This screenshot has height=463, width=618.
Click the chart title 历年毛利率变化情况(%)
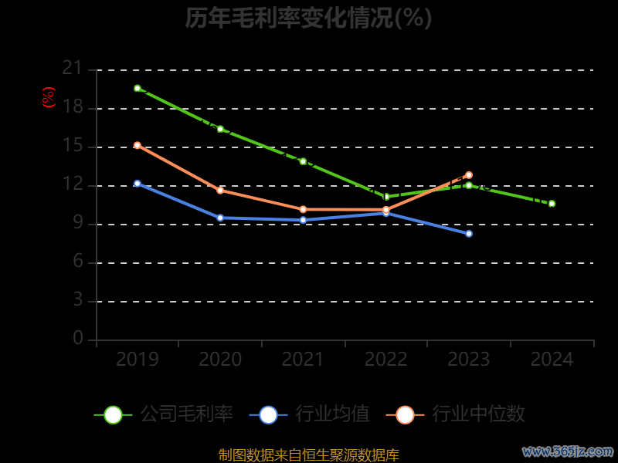(x=308, y=18)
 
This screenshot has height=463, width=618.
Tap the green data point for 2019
(x=138, y=88)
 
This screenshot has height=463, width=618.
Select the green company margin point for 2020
(x=220, y=129)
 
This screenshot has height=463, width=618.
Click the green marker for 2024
(x=552, y=204)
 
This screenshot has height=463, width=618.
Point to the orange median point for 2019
(x=138, y=145)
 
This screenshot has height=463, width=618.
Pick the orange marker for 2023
(x=469, y=175)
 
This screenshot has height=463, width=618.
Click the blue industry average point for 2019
(x=138, y=184)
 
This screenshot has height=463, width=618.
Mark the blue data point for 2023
(x=469, y=233)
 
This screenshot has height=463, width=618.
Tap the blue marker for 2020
(x=220, y=218)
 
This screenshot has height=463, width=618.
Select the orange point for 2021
(x=303, y=209)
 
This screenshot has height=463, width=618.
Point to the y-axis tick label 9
(x=77, y=224)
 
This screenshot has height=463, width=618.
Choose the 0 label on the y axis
(x=77, y=338)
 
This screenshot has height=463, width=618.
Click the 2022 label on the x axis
(x=386, y=360)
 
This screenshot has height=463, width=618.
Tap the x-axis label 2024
(x=552, y=360)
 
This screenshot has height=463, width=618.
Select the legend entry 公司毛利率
(x=185, y=414)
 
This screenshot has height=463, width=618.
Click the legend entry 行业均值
(x=332, y=414)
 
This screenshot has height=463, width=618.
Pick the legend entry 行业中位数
(x=478, y=414)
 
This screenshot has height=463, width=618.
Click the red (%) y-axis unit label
(x=49, y=97)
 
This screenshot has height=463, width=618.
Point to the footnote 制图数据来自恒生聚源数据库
(x=308, y=455)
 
